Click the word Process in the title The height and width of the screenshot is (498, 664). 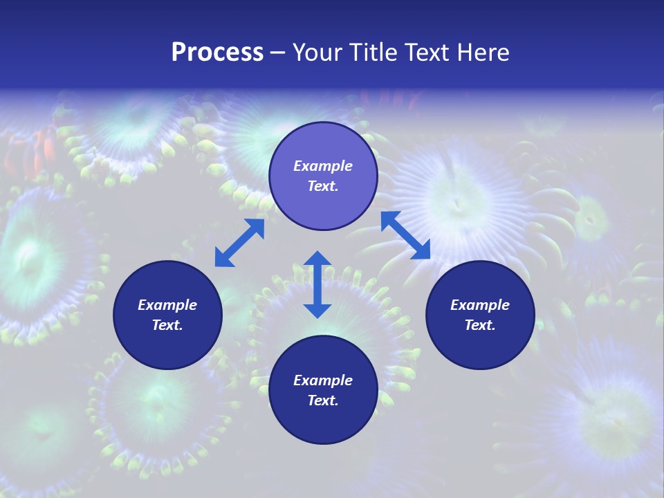point(217,53)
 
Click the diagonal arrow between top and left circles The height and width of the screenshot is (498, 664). point(239,243)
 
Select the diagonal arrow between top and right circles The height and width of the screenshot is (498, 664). point(405,235)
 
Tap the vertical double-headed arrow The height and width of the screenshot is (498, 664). point(317,284)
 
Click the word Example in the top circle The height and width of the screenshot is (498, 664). point(323,166)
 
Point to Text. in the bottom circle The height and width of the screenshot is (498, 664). point(323,400)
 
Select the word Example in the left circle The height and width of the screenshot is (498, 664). point(167,305)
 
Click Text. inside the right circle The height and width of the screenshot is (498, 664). point(480,325)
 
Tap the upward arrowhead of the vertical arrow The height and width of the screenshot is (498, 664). point(317,259)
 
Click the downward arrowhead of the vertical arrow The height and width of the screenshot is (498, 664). point(317,310)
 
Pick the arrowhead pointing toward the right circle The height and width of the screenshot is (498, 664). point(422,252)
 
